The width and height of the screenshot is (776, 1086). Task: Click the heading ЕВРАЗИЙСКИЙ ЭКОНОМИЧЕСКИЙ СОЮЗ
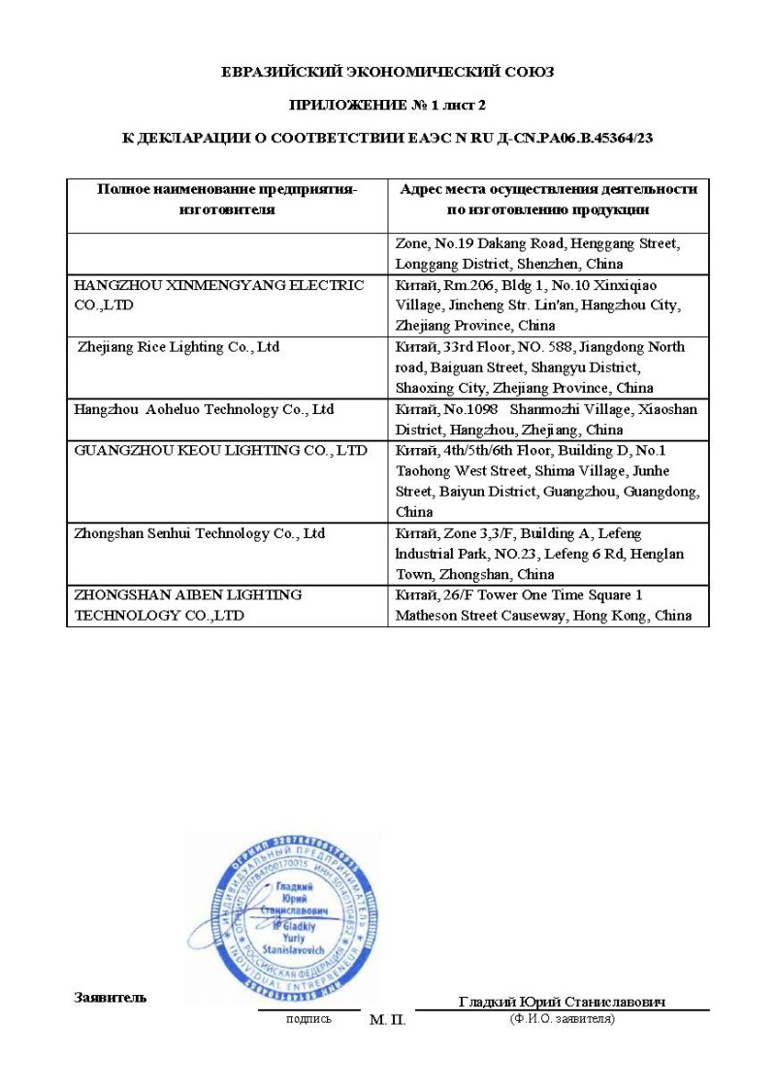click(388, 72)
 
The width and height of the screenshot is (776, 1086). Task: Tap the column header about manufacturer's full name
click(227, 199)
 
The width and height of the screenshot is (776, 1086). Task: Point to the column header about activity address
click(548, 199)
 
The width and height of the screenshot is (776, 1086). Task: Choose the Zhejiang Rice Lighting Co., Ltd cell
click(178, 347)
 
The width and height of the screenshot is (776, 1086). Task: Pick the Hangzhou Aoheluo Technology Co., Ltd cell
click(204, 409)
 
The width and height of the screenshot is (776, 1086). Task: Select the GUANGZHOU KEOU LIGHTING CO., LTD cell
click(221, 451)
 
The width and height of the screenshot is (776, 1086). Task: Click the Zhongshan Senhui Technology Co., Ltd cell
click(200, 534)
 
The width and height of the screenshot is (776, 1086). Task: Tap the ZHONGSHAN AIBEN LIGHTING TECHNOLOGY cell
click(188, 605)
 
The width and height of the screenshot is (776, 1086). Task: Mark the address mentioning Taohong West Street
click(548, 481)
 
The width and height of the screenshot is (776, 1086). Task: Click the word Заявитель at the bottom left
click(111, 998)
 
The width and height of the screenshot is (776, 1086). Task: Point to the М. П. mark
click(387, 1021)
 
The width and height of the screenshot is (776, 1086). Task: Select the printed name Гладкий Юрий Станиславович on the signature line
click(562, 1002)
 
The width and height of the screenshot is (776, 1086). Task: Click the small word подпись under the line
click(308, 1018)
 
